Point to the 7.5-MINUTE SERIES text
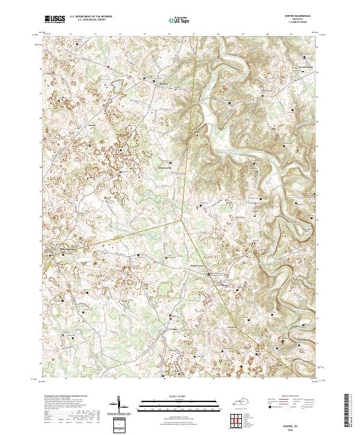(x=302, y=24)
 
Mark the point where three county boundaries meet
(x=182, y=220)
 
